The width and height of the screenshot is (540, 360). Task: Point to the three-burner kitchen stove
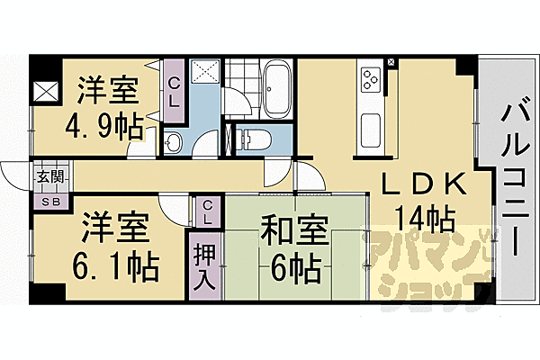pyautogui.click(x=371, y=80)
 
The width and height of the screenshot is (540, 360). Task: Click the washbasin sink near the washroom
pyautogui.click(x=174, y=141)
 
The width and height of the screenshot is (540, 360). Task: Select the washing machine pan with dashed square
pyautogui.click(x=202, y=76)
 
